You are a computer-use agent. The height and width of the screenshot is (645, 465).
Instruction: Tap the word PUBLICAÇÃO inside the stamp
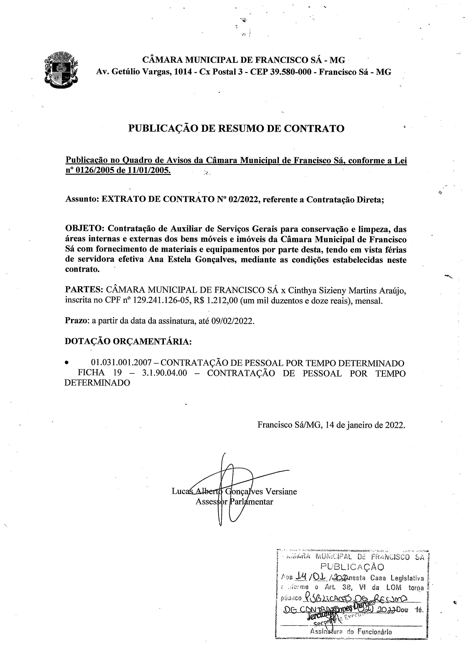click(x=352, y=567)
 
